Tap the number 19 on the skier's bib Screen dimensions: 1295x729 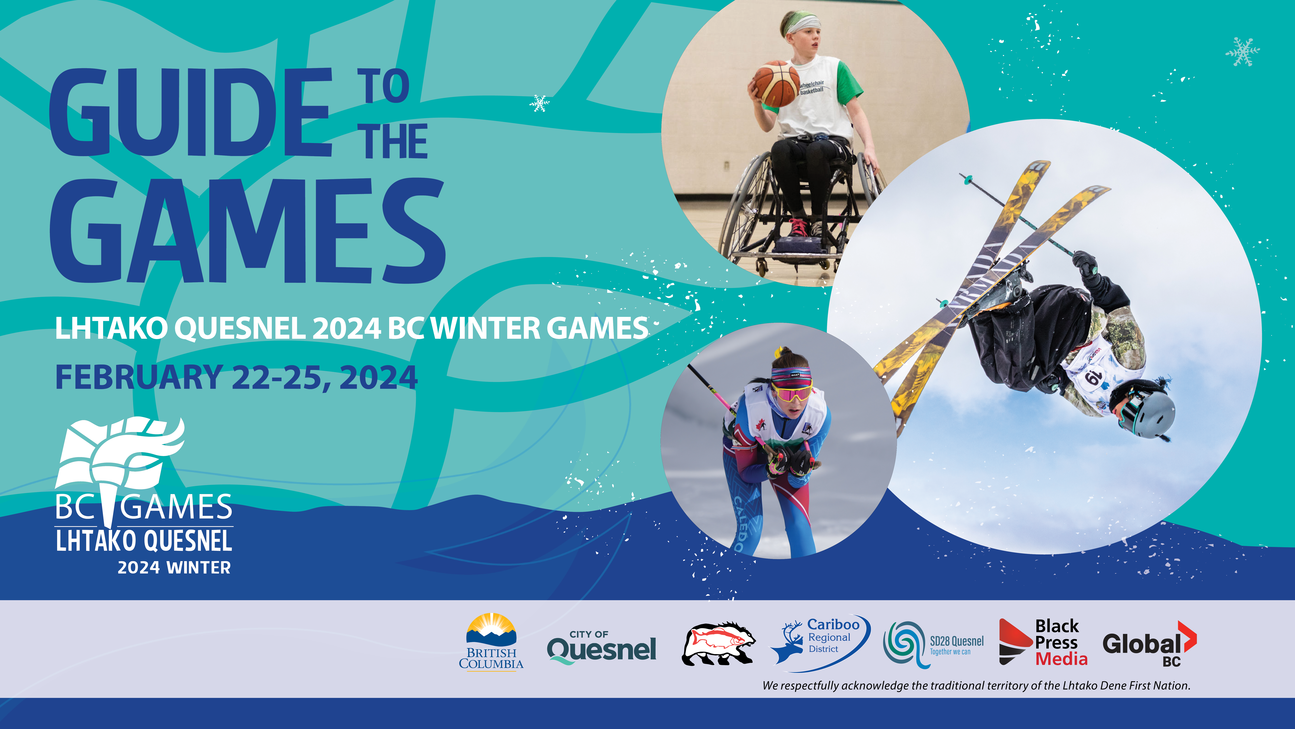pos(1092,376)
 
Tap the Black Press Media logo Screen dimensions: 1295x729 pos(1043,642)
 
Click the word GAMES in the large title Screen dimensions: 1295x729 pos(247,230)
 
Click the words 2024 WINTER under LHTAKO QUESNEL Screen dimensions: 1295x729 pos(174,567)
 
